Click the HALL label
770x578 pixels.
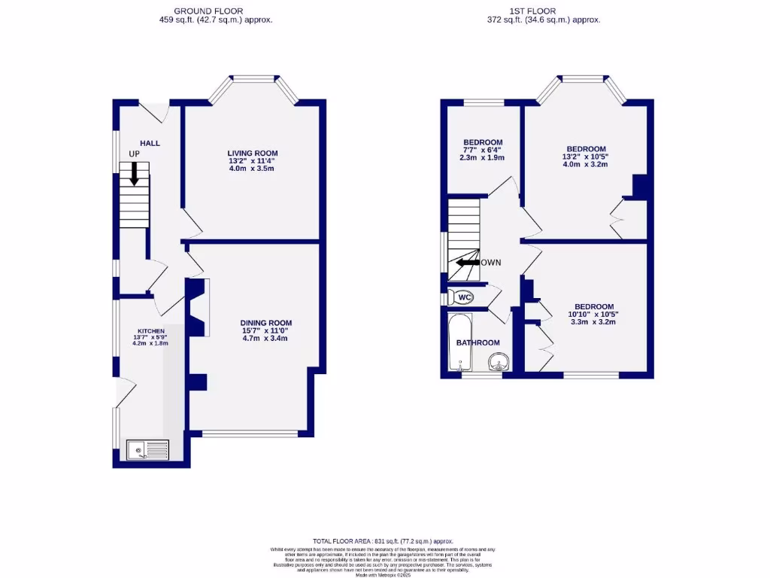[150, 143]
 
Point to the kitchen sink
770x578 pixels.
[148, 450]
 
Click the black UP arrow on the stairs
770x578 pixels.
[135, 175]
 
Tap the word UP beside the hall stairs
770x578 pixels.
[135, 154]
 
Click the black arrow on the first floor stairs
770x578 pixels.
[467, 263]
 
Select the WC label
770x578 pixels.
[465, 297]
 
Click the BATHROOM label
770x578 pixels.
[478, 343]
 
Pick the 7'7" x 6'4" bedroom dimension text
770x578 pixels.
[483, 151]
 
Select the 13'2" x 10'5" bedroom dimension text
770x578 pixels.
[586, 157]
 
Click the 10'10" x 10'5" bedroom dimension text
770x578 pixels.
[593, 314]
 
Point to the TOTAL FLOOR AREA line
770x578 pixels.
[383, 541]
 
